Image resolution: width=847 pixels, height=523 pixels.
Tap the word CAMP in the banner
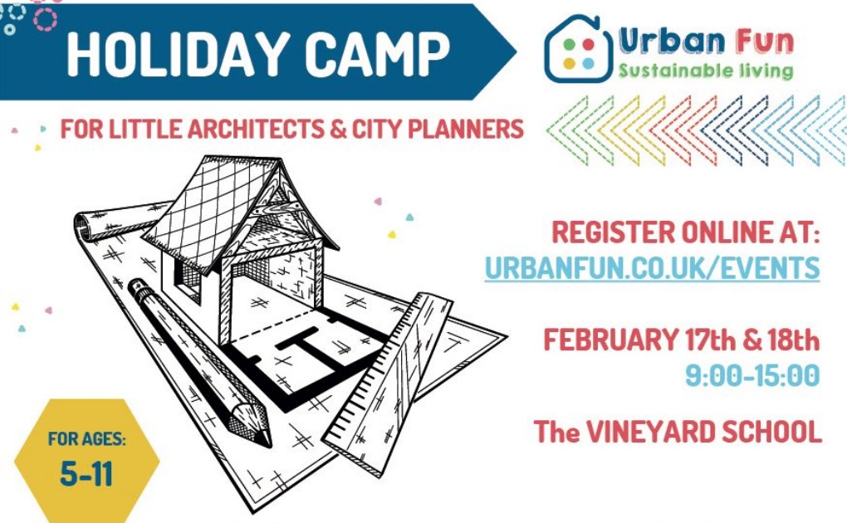pos(377,54)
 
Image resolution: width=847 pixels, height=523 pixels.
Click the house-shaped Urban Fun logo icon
pos(578,49)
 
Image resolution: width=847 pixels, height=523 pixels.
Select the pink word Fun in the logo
pos(764,41)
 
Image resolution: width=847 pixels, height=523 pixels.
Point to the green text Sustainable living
pos(706,71)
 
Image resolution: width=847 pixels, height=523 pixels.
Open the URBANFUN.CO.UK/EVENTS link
pos(652,268)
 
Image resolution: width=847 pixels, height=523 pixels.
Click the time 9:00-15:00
pos(752,375)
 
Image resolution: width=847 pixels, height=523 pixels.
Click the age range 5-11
pos(86,474)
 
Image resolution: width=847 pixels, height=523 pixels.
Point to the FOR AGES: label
pos(87,438)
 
